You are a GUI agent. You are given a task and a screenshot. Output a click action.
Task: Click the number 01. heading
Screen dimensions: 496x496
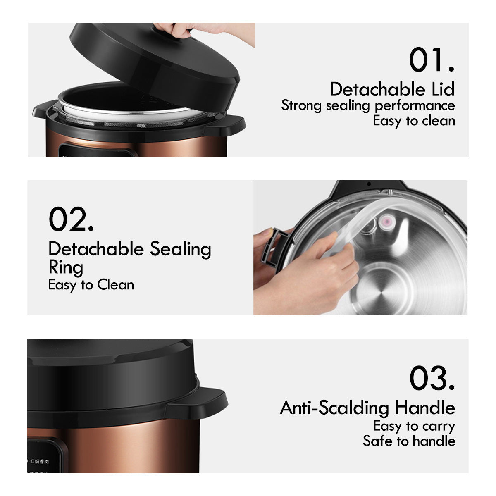click(x=432, y=60)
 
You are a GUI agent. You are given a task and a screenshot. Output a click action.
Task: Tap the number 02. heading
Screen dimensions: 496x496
click(x=71, y=219)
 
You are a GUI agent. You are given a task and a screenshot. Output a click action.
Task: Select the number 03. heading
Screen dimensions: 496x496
click(x=432, y=378)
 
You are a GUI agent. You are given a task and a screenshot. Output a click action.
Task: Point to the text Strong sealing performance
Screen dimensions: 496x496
click(x=368, y=106)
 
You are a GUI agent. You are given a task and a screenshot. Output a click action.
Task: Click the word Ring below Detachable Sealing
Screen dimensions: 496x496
click(x=66, y=268)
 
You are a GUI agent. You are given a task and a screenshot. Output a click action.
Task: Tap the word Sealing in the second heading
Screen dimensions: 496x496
click(x=181, y=250)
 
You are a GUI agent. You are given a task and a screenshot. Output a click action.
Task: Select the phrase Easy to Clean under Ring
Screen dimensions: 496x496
click(x=91, y=285)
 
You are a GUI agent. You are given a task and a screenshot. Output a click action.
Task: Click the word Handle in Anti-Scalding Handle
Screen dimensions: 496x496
click(x=425, y=408)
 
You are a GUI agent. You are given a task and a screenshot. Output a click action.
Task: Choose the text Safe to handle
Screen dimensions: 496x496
click(x=409, y=441)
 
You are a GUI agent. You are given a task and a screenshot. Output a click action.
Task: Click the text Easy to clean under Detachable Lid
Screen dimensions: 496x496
click(x=414, y=121)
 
